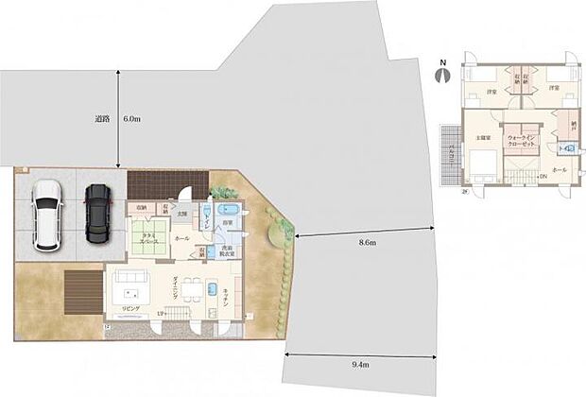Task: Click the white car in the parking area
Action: pyautogui.click(x=45, y=215)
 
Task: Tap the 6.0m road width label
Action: pyautogui.click(x=132, y=120)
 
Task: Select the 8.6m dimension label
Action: pyautogui.click(x=366, y=243)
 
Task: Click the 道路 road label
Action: pyautogui.click(x=103, y=120)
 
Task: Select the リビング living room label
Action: pyautogui.click(x=130, y=308)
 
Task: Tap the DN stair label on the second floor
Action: pyautogui.click(x=542, y=177)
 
